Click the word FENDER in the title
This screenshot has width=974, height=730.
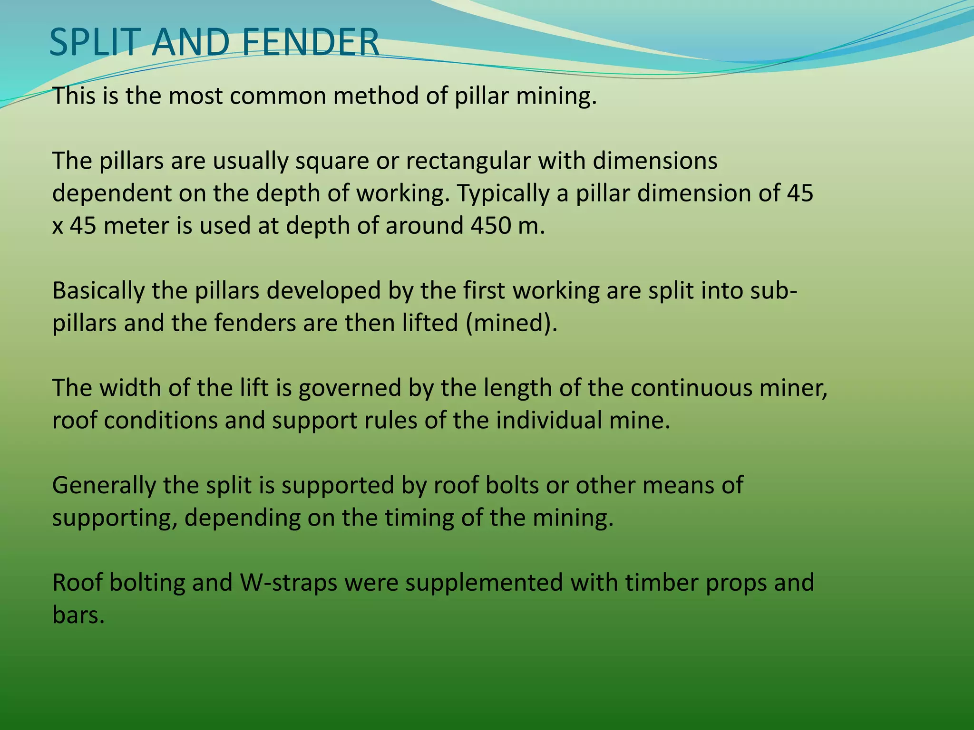click(310, 43)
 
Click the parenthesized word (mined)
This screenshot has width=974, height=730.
click(511, 324)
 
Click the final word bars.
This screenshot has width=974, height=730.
click(78, 615)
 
